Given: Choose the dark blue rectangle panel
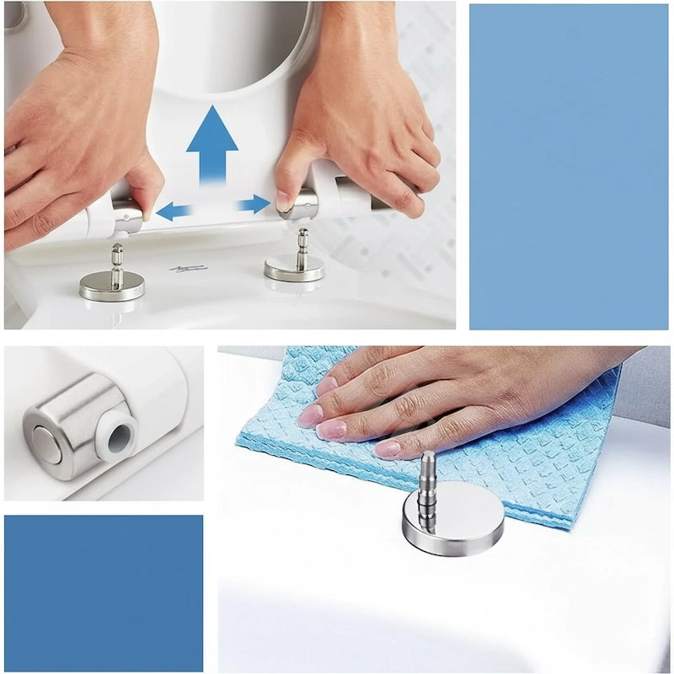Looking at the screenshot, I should [103, 592].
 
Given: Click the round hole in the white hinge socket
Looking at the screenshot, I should [117, 435].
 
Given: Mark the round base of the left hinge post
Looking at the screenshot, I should [112, 286].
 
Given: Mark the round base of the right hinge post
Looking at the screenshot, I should [294, 269].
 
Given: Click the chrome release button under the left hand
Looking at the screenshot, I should [128, 216].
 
